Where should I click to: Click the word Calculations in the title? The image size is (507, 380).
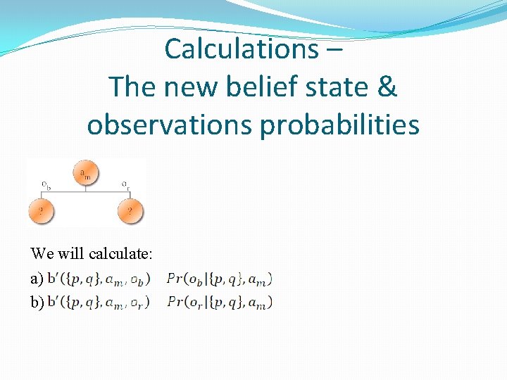(241, 49)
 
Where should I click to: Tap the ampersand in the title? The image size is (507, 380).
(387, 87)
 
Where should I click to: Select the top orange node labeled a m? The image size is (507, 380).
(86, 174)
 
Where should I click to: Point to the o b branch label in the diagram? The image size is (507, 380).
(46, 185)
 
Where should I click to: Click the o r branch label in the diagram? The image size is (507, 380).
(125, 185)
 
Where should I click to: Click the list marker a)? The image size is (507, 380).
(37, 279)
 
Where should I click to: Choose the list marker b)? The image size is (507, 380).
(37, 303)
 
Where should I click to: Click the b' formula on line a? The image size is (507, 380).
(99, 279)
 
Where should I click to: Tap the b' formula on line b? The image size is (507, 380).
(99, 303)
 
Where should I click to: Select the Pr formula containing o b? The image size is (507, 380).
(220, 279)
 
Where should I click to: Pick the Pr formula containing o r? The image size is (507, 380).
(220, 303)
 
